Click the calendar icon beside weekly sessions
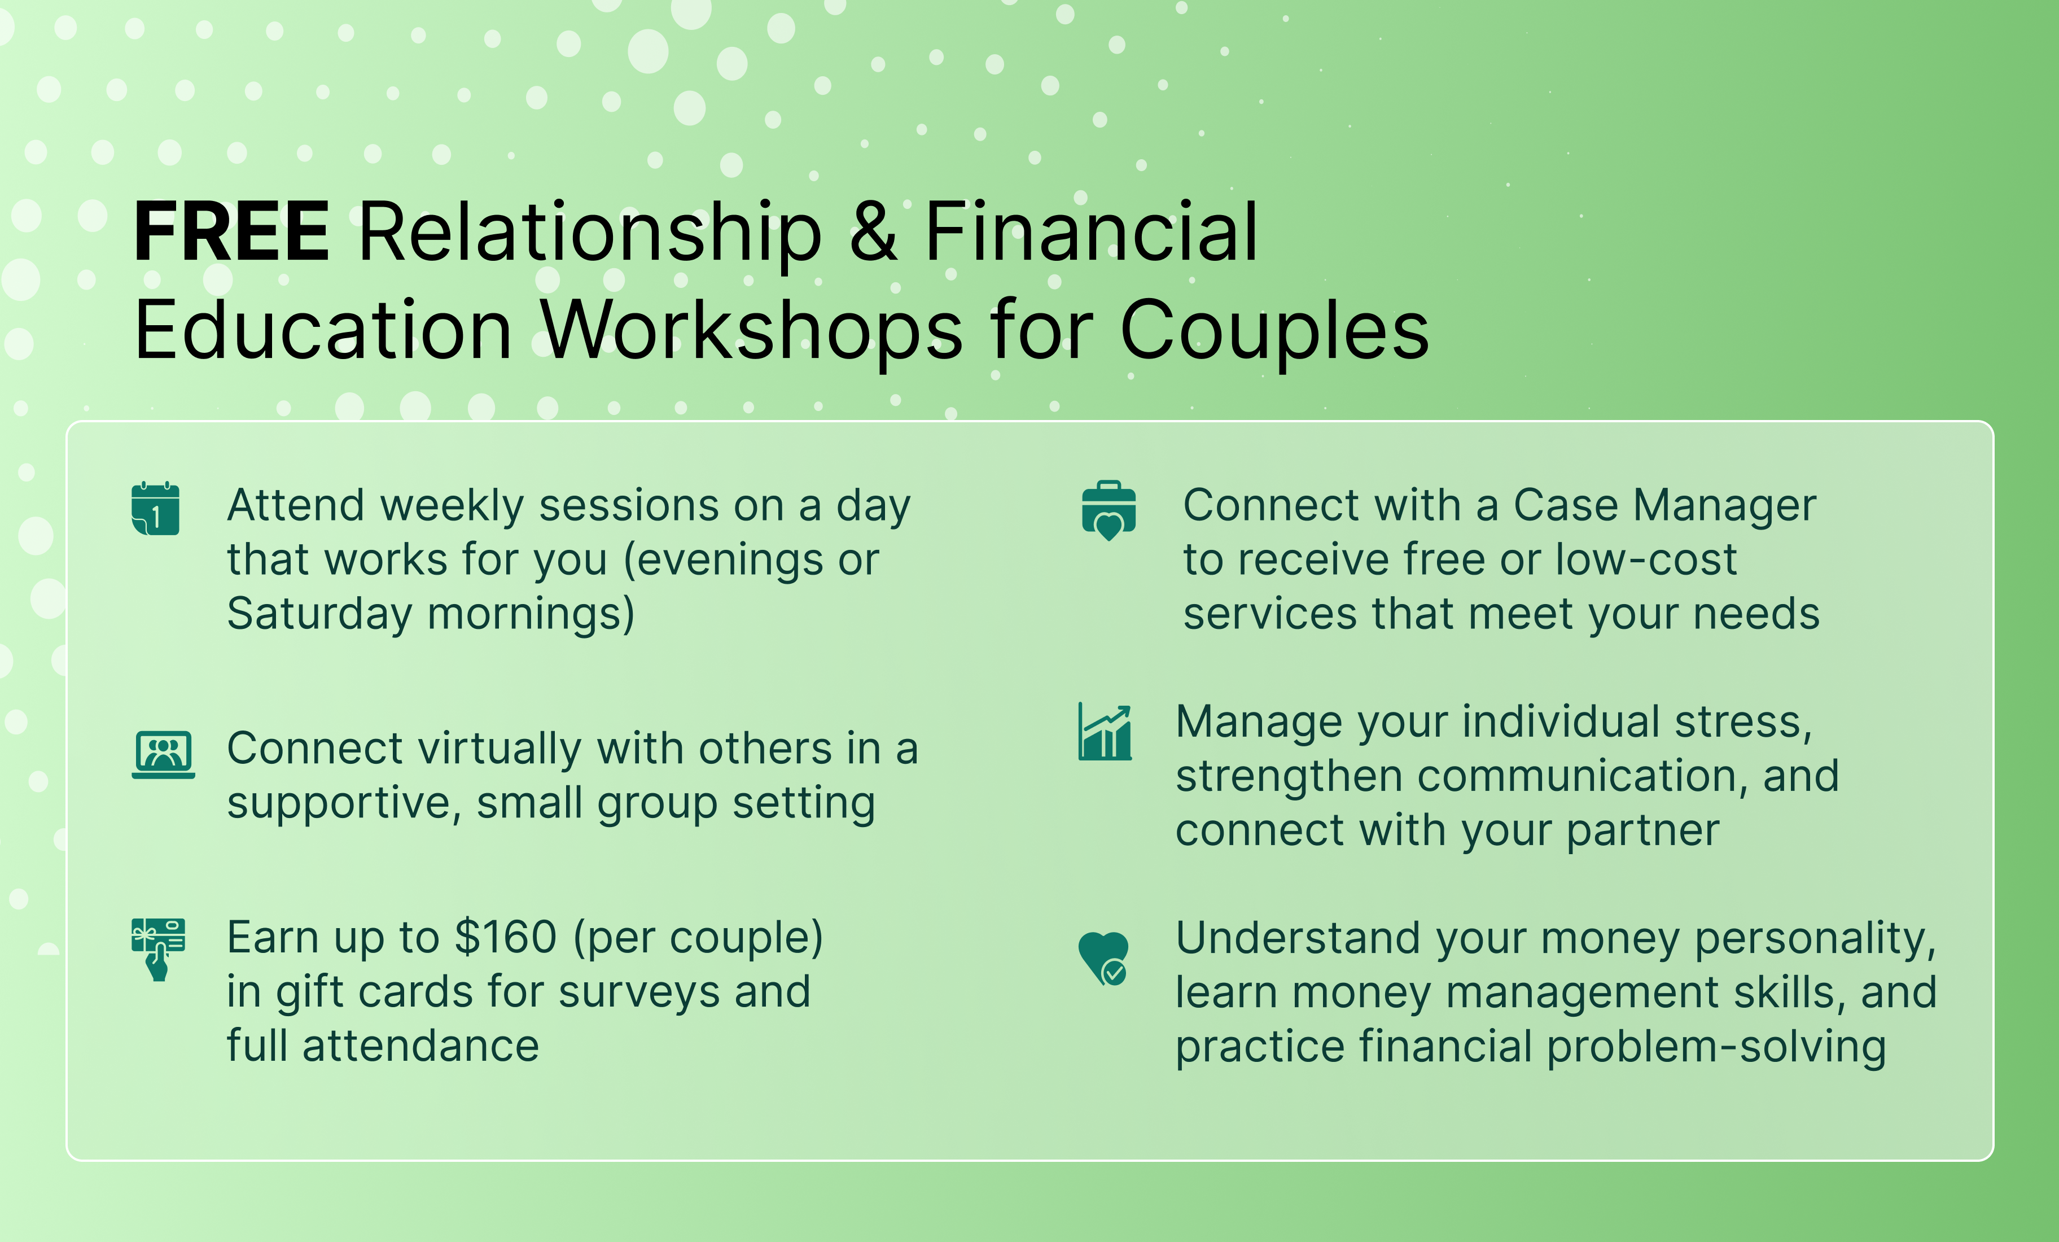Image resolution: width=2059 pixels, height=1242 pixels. coord(155,508)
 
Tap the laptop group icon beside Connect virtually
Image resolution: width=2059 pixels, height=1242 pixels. coord(163,754)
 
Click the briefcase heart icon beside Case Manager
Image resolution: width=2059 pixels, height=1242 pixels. coord(1109,511)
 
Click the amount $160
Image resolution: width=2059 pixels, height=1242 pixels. coord(506,937)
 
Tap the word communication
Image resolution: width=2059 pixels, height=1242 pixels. coord(1584,776)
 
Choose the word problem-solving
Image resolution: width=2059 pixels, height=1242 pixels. coord(1716,1047)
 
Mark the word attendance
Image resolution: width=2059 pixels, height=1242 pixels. coord(420,1047)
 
